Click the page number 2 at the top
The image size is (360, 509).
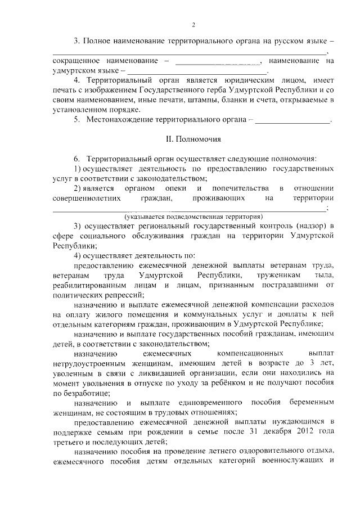click(x=193, y=25)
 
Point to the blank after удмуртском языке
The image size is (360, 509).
click(x=197, y=71)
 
